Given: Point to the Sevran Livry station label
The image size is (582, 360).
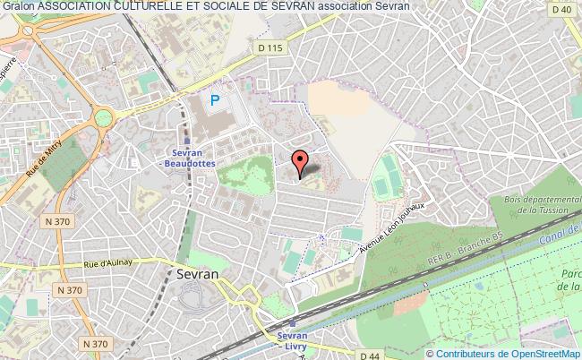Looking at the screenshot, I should pos(293,339).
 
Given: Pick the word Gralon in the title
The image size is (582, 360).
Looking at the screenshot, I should pos(18,6).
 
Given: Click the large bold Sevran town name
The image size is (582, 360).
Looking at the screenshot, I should pos(198,275).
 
